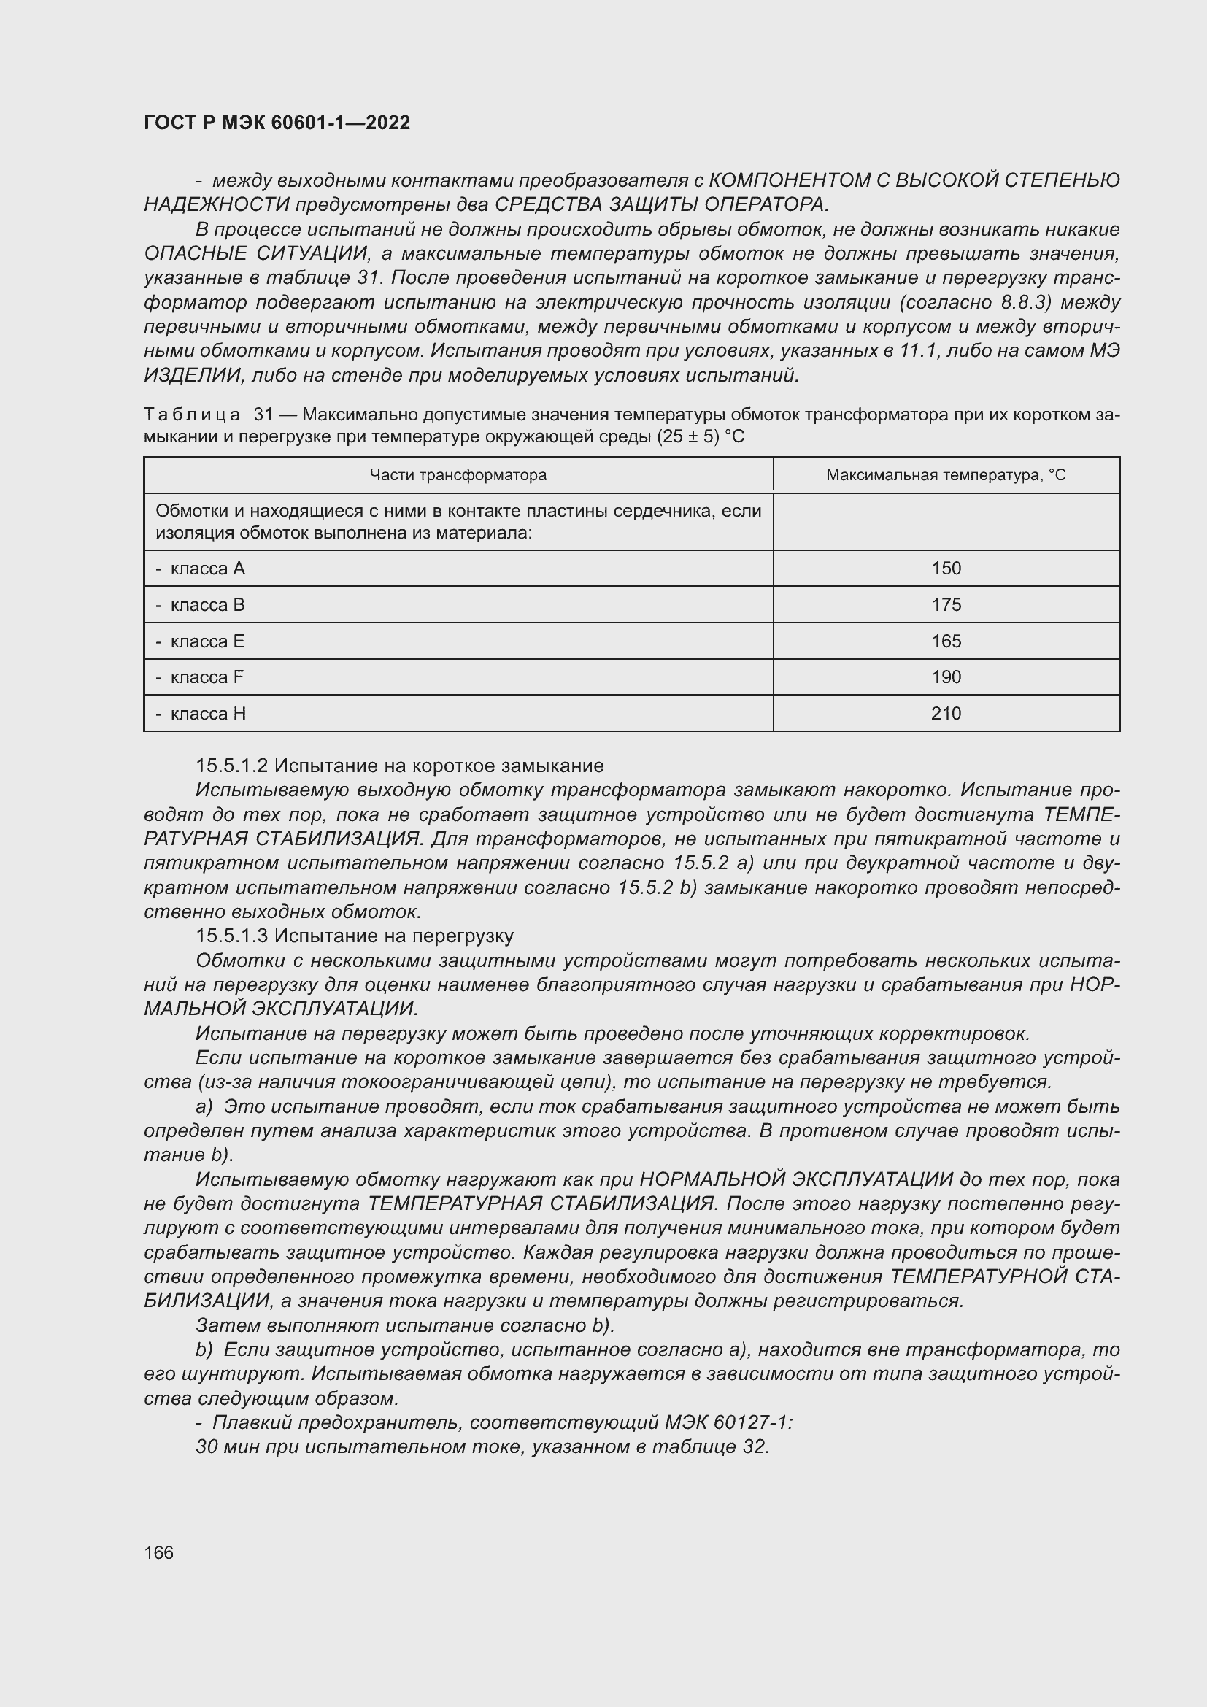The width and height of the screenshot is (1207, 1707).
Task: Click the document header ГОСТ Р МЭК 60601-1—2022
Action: point(277,123)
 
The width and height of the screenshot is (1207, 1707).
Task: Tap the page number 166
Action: point(158,1552)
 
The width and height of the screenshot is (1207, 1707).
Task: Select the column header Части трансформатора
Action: point(458,475)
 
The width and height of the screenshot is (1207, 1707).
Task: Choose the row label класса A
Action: point(207,569)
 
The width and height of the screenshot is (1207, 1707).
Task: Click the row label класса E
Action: point(207,641)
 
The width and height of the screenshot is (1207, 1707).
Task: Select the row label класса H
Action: point(207,714)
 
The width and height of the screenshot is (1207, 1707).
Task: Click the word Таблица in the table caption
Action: point(192,414)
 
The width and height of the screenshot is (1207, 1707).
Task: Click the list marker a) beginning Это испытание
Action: point(204,1106)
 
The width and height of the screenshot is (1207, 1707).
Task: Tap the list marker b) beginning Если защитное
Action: point(204,1349)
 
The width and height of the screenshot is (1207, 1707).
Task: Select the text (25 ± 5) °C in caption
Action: point(700,436)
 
